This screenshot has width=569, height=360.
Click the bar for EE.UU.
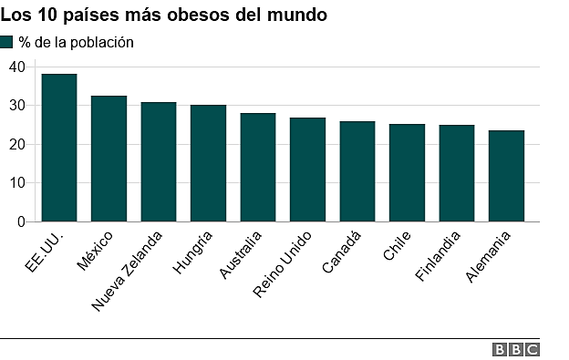click(59, 148)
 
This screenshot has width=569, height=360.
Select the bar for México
click(109, 159)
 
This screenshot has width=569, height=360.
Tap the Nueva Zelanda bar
click(159, 161)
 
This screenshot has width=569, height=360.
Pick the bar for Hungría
click(208, 163)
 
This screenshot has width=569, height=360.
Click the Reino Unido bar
click(307, 170)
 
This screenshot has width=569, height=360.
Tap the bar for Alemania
click(506, 176)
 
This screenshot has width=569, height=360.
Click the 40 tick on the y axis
click(17, 67)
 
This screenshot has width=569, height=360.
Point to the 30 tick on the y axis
click(17, 106)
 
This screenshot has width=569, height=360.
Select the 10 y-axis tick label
click(17, 183)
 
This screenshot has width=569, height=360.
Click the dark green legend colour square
click(7, 42)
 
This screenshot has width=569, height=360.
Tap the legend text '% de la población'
click(76, 42)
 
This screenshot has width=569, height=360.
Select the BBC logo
click(516, 349)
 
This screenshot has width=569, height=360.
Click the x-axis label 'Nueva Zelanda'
click(129, 271)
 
